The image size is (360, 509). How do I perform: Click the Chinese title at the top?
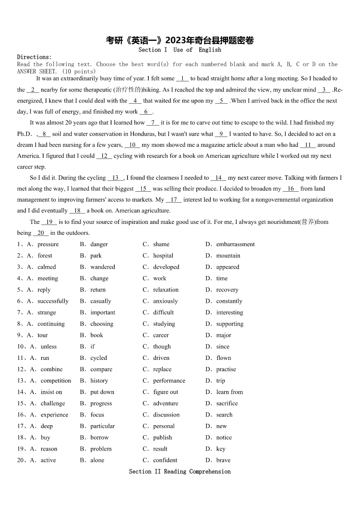[180, 41]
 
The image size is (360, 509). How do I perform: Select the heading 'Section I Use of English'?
[180, 50]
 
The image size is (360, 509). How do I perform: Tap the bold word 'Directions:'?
[34, 57]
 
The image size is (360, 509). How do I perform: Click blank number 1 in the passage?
[182, 78]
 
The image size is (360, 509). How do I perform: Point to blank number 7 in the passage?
[152, 122]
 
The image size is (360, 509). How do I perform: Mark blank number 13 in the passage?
[115, 178]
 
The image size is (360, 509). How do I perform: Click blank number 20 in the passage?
[40, 233]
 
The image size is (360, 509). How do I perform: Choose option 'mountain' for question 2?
[228, 256]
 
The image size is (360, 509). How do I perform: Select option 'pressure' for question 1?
[48, 244]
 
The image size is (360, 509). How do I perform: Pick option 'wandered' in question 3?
[102, 267]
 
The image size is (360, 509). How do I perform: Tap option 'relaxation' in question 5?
[165, 290]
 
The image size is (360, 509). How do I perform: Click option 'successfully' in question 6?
[53, 301]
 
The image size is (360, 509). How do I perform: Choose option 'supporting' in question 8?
[229, 324]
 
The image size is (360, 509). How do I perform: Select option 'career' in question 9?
[161, 335]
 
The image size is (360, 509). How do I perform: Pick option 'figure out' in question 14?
[165, 392]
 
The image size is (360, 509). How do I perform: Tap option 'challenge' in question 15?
[53, 403]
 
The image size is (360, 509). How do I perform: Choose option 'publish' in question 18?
[162, 437]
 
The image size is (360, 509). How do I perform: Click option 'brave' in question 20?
[223, 460]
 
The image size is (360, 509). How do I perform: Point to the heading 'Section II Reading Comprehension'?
[180, 471]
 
